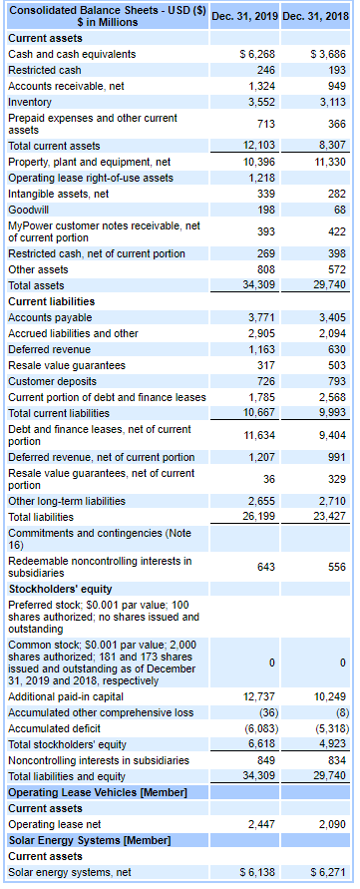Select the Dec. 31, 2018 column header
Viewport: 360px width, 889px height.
(x=316, y=15)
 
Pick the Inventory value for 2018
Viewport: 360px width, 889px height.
(x=330, y=101)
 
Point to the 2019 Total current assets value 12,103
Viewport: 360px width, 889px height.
(x=258, y=146)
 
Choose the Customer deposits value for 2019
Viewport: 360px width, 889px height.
(x=264, y=380)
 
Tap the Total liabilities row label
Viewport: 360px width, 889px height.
(x=41, y=516)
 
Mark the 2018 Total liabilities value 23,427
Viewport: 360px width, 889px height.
(x=328, y=516)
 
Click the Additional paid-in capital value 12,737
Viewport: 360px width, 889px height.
(x=258, y=695)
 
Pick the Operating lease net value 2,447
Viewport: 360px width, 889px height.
(x=261, y=823)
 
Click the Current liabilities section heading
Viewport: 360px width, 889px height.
(x=51, y=300)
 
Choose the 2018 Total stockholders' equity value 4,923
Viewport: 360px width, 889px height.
(x=330, y=743)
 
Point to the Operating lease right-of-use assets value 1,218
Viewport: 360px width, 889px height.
(x=261, y=177)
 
